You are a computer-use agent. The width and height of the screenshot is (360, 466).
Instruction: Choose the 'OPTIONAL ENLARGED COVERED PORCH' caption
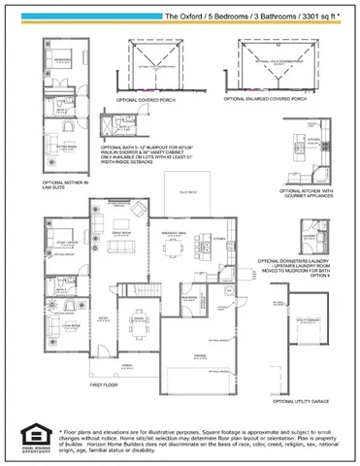[269, 100]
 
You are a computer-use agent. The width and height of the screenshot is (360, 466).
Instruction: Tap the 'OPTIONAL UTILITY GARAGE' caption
[304, 400]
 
